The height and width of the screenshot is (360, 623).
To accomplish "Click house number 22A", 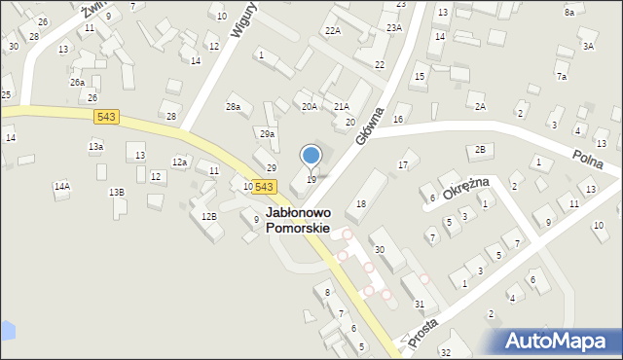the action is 333,31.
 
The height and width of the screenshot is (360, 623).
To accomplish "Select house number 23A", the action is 393,28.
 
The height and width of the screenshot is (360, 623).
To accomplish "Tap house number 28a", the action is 234,107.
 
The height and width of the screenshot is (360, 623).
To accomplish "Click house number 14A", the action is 62,186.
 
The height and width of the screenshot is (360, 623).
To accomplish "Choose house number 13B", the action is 117,193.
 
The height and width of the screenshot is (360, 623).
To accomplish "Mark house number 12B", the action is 208,216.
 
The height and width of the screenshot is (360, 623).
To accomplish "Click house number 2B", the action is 480,149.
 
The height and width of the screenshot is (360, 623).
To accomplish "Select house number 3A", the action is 588,46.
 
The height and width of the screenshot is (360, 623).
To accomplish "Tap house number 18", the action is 361,203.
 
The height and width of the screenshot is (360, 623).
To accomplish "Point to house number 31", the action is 420,305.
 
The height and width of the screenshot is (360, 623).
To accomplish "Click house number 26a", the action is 77,83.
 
